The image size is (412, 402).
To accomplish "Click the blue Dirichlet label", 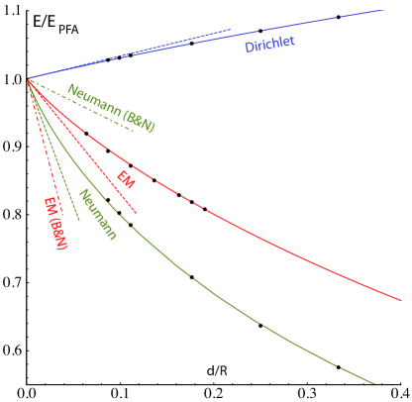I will tap(269, 45).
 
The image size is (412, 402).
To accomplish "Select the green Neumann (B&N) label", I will tap(111, 107).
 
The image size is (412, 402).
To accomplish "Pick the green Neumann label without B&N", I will tap(98, 214).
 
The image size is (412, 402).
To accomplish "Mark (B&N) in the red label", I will tap(59, 235).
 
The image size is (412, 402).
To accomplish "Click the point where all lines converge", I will tap(29, 77).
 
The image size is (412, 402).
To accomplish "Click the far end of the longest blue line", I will tap(385, 10).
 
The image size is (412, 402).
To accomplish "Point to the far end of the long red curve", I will tap(401, 299).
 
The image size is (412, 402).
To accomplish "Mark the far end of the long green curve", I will tap(375, 382).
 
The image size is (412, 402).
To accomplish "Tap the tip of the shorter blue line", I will tap(231, 30).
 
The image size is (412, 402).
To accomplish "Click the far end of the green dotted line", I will tap(134, 131).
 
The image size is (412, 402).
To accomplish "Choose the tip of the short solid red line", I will tap(137, 213).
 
